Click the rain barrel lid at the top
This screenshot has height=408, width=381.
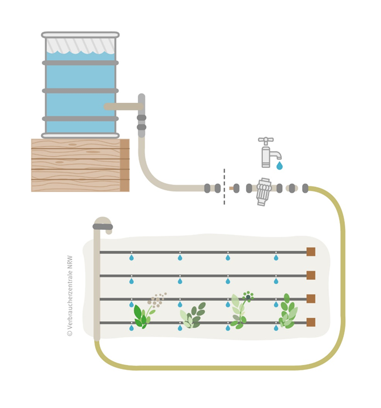coord(81,35)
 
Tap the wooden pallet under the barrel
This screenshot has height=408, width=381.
coord(79,165)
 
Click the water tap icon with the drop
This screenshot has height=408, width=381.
coord(269,153)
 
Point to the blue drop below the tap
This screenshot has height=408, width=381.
coord(280,166)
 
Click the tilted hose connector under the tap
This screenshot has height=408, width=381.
coord(264,192)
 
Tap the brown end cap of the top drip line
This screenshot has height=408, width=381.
coord(311,252)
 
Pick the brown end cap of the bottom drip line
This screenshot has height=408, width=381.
coord(311,322)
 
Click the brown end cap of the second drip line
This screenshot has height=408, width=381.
coord(311,275)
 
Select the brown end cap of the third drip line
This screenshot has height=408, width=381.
coord(311,298)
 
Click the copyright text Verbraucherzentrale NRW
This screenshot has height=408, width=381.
coord(70,296)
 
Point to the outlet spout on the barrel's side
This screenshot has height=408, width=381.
coord(122,106)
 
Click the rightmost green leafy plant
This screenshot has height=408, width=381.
coord(288,313)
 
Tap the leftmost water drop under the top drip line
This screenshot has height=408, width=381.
coord(132,258)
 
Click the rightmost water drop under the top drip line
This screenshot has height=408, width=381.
coord(276,258)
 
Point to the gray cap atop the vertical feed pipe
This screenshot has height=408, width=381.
coord(103,226)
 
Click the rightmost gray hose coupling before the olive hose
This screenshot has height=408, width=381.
coord(305,188)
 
